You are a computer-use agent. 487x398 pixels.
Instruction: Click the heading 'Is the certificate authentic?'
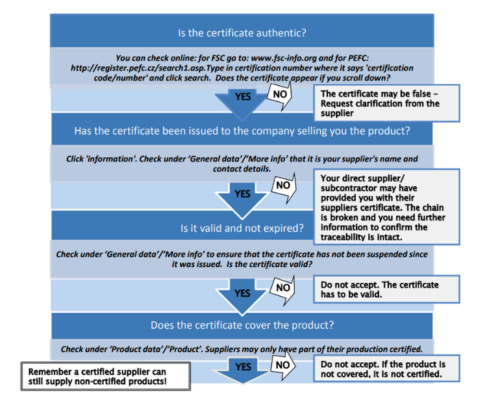pyautogui.click(x=242, y=32)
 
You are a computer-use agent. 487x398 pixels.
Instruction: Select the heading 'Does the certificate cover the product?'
pyautogui.click(x=242, y=325)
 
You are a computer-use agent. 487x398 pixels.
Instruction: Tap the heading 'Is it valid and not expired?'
pyautogui.click(x=242, y=228)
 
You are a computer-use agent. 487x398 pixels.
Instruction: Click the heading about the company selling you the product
pyautogui.click(x=242, y=131)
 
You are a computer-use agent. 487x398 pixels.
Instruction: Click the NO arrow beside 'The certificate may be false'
pyautogui.click(x=281, y=94)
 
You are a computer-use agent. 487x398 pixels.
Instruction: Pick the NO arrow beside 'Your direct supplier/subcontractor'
pyautogui.click(x=283, y=185)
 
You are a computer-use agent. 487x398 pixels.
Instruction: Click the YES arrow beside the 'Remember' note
pyautogui.click(x=243, y=369)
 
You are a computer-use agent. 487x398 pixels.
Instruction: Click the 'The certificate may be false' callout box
pyautogui.click(x=386, y=103)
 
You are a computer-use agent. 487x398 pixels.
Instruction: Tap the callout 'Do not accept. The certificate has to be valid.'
pyautogui.click(x=386, y=289)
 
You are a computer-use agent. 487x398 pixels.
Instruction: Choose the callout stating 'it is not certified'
pyautogui.click(x=386, y=369)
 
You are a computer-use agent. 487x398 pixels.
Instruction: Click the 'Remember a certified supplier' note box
pyautogui.click(x=106, y=376)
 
